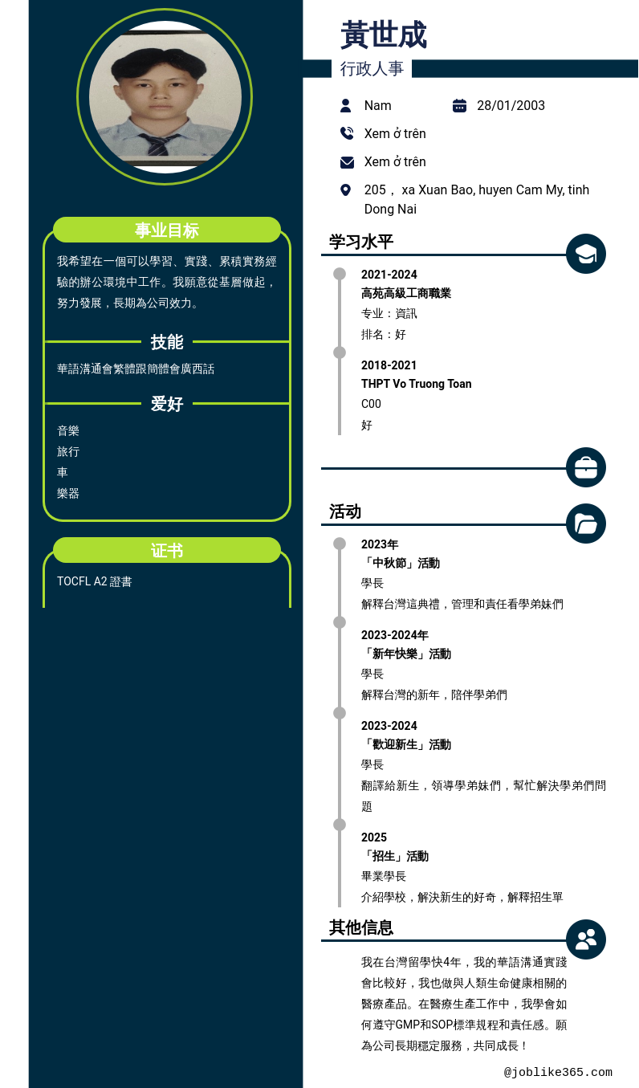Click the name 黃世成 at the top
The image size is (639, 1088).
pyautogui.click(x=384, y=35)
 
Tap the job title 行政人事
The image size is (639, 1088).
pyautogui.click(x=372, y=68)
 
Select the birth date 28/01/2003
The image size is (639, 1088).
pyautogui.click(x=511, y=105)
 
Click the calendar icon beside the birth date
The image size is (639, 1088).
pyautogui.click(x=459, y=105)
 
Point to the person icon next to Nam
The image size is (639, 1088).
pyautogui.click(x=346, y=105)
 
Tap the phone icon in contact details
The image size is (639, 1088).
pyautogui.click(x=347, y=133)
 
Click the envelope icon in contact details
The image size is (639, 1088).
pyautogui.click(x=347, y=162)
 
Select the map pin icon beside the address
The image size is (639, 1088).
pyautogui.click(x=346, y=190)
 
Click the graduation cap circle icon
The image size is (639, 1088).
pyautogui.click(x=586, y=254)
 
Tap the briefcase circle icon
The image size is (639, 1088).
pyautogui.click(x=586, y=467)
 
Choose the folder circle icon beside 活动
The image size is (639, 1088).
pyautogui.click(x=586, y=524)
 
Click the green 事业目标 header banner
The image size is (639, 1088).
pyautogui.click(x=167, y=230)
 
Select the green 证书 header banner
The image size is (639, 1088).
pyautogui.click(x=167, y=550)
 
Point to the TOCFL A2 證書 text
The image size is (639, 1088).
pyautogui.click(x=95, y=581)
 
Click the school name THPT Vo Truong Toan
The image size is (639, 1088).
pyautogui.click(x=416, y=384)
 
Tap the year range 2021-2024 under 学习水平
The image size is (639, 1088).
pyautogui.click(x=389, y=275)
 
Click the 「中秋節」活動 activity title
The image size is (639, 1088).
pyautogui.click(x=401, y=563)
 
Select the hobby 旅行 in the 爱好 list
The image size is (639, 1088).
pyautogui.click(x=68, y=452)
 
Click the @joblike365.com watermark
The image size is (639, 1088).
pyautogui.click(x=558, y=1072)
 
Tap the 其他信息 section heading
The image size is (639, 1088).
pyautogui.click(x=361, y=927)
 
